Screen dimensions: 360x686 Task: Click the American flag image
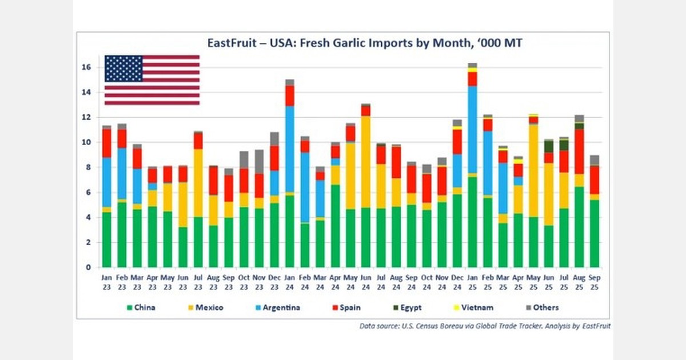coord(152,80)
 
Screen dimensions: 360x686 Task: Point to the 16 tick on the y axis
coord(86,67)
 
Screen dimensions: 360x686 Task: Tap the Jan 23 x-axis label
coord(106,281)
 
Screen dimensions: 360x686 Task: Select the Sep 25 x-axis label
coord(595,281)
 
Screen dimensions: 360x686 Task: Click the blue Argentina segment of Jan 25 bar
coord(472,129)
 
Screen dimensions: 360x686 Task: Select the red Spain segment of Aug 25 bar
coord(579,151)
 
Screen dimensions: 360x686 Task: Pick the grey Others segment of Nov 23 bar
coord(259,162)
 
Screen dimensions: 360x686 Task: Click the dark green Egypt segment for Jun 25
coord(549,146)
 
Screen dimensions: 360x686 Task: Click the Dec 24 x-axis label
coord(457,281)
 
